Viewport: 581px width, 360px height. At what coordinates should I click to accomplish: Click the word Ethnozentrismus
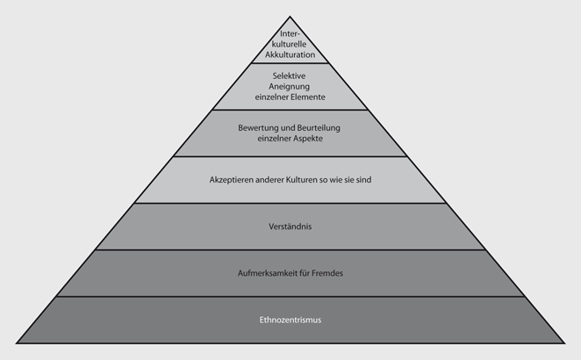290,320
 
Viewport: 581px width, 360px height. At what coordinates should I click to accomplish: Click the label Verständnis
290,227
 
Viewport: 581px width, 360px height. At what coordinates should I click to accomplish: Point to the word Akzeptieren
233,180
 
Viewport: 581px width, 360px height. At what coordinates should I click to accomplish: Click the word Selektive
290,76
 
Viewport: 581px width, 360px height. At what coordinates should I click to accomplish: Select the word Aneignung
290,88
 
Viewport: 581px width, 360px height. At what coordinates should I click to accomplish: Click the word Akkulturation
290,54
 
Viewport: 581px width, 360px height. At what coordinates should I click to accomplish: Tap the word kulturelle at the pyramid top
290,44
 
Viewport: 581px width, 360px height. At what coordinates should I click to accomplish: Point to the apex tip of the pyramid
290,15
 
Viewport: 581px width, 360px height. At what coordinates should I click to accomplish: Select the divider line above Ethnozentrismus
290,297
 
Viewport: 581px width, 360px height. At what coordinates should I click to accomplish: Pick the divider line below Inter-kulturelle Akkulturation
290,63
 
